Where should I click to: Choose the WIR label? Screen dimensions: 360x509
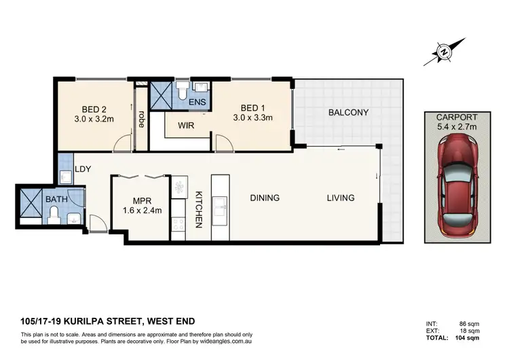187,126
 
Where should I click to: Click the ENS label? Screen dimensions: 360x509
197,103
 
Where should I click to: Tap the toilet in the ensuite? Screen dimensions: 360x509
181,90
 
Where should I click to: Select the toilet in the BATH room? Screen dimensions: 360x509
54,215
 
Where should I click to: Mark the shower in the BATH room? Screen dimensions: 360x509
31,199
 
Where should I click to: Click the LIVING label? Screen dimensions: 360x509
340,198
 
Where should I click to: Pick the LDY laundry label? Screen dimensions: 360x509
83,168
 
